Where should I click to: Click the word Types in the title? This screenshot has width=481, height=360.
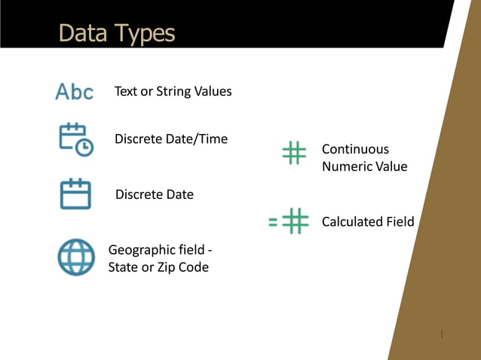pos(145,34)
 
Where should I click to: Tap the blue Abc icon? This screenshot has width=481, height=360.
pos(75,92)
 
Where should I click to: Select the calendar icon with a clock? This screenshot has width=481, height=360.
pos(75,139)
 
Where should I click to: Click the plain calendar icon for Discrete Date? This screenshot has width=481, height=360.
pos(75,194)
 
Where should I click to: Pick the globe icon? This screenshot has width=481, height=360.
pos(76,257)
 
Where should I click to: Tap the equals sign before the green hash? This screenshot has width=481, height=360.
pos(274,222)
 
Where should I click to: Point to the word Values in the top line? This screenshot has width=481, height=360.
pos(213,92)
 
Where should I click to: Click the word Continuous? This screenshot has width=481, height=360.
pos(355,149)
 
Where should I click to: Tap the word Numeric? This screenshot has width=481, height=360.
pos(346,166)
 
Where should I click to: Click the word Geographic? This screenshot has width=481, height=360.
pos(140,249)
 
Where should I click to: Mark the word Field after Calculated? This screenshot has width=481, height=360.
pos(399,221)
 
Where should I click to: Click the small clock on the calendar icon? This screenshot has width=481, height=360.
pos(85,148)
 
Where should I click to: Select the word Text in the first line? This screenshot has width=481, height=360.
pos(126,92)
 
